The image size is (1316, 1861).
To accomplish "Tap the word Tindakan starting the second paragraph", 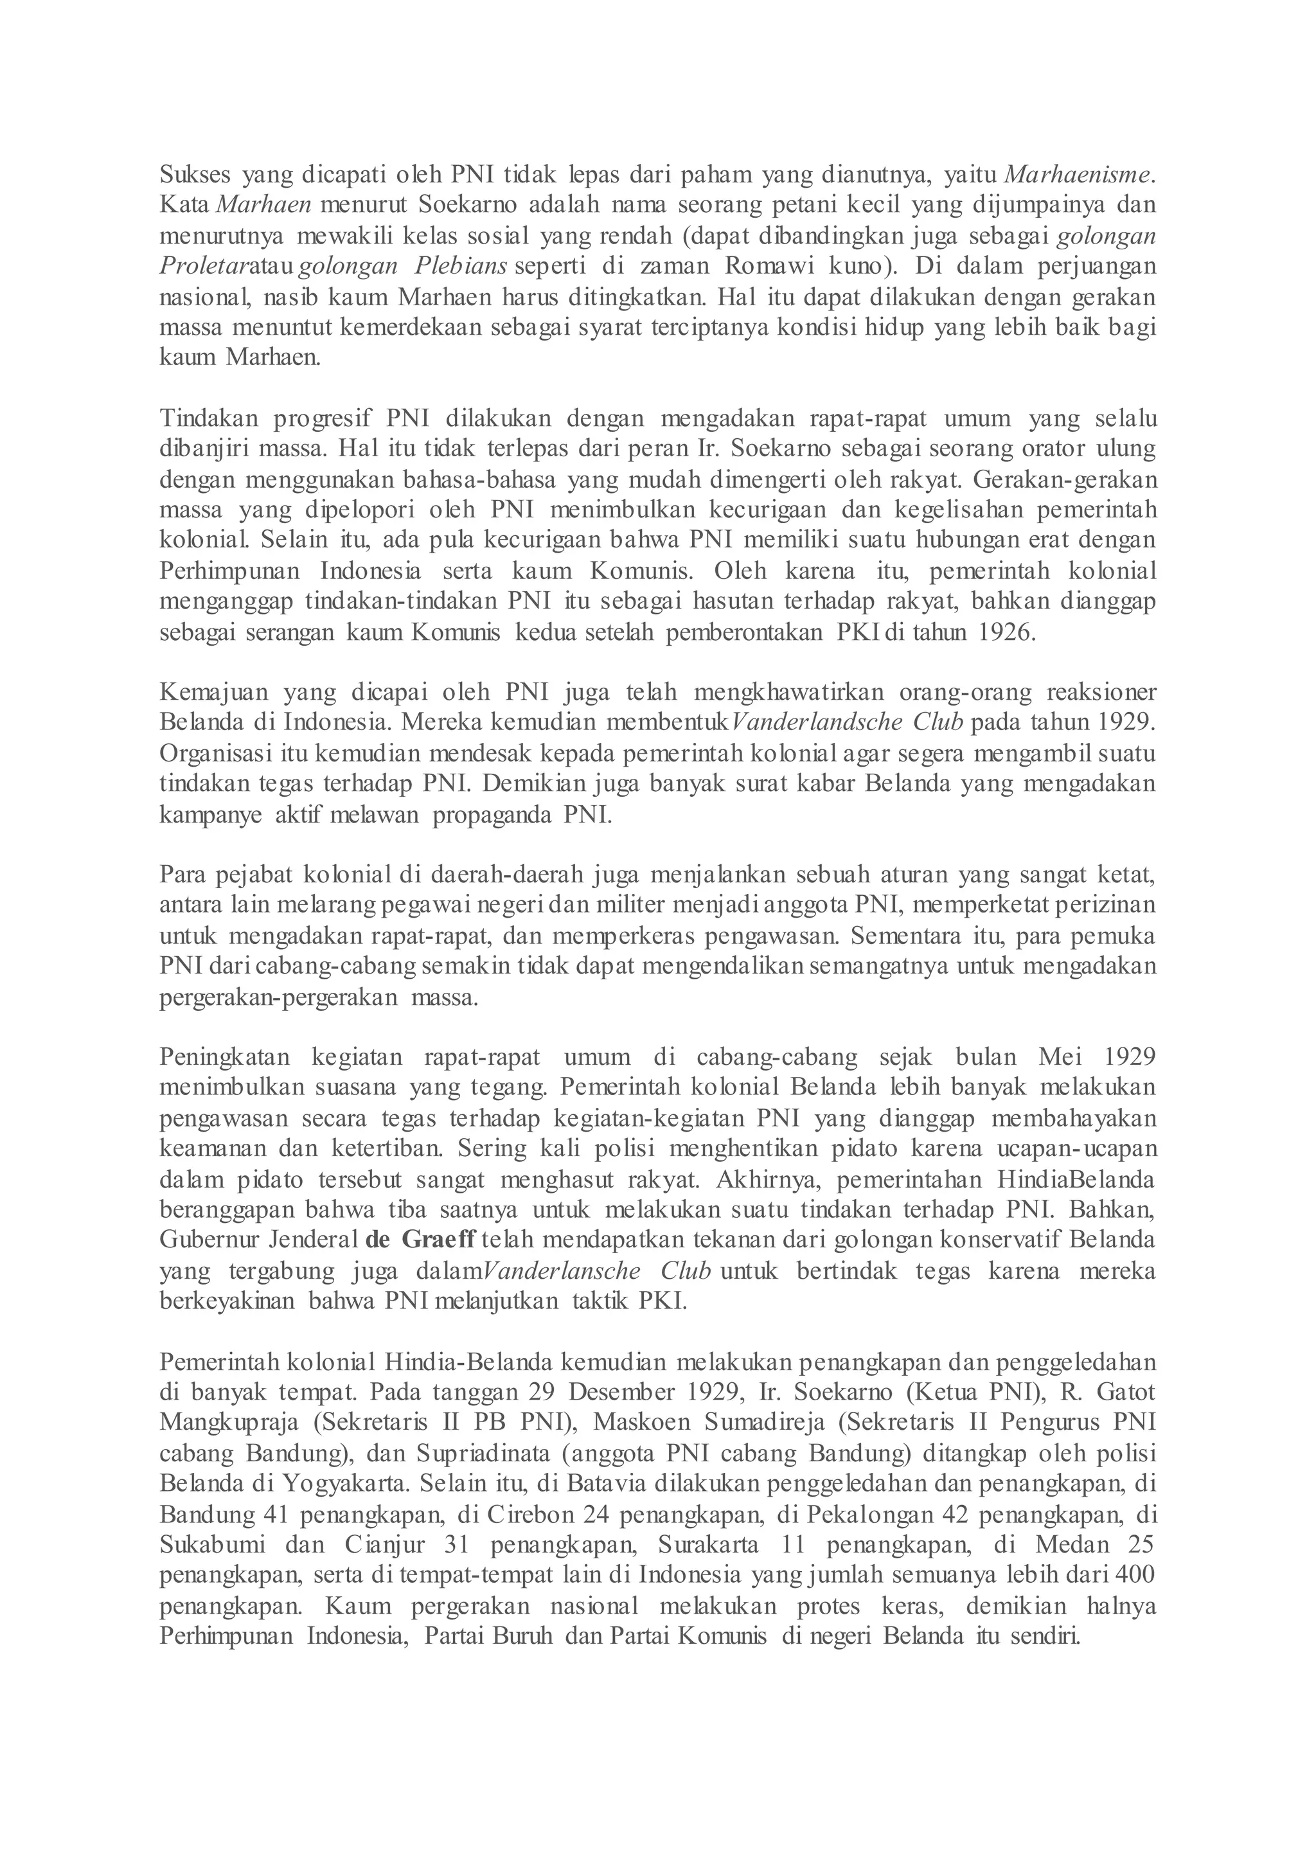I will click(x=208, y=419).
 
